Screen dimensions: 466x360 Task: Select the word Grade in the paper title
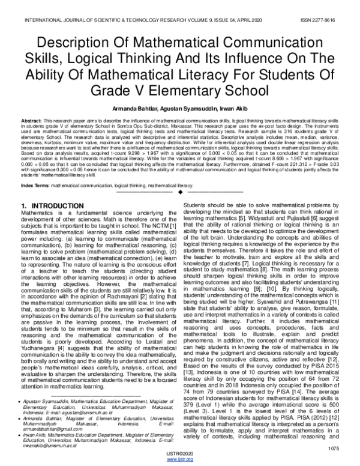point(118,90)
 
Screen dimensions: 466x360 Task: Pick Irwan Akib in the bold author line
point(245,107)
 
